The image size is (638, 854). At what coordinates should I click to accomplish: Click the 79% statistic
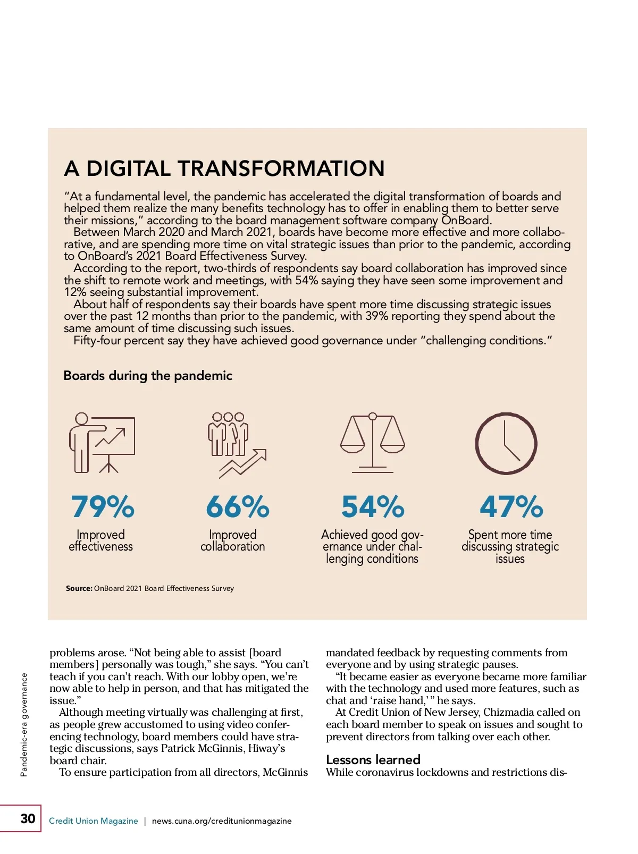coord(103,506)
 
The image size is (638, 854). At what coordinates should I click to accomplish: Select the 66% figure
coord(238,506)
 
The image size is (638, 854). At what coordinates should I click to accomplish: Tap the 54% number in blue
coord(373,506)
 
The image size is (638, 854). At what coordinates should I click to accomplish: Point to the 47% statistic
coord(511,506)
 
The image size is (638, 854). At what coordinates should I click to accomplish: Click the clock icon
coord(506,444)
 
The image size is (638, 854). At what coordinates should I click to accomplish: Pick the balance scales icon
coord(372,443)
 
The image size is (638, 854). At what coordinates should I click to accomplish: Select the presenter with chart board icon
coord(102,443)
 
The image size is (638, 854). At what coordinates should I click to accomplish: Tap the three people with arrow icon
coord(236,444)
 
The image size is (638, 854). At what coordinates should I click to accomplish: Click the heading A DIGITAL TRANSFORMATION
coord(224,168)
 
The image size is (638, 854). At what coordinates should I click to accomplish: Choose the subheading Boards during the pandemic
coord(148,376)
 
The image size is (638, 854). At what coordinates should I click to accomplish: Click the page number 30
coord(28,818)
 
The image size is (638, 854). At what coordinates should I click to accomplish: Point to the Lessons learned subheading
coord(373,759)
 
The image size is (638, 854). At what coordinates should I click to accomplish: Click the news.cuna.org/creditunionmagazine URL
coord(222,821)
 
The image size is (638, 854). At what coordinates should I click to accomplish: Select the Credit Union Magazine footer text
coord(93,821)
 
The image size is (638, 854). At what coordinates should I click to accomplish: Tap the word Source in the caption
coord(79,588)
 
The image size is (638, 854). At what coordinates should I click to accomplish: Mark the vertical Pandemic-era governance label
coord(24,725)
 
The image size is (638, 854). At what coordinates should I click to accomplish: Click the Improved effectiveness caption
coord(100,540)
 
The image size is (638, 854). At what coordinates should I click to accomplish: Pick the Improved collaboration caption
coord(232,540)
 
